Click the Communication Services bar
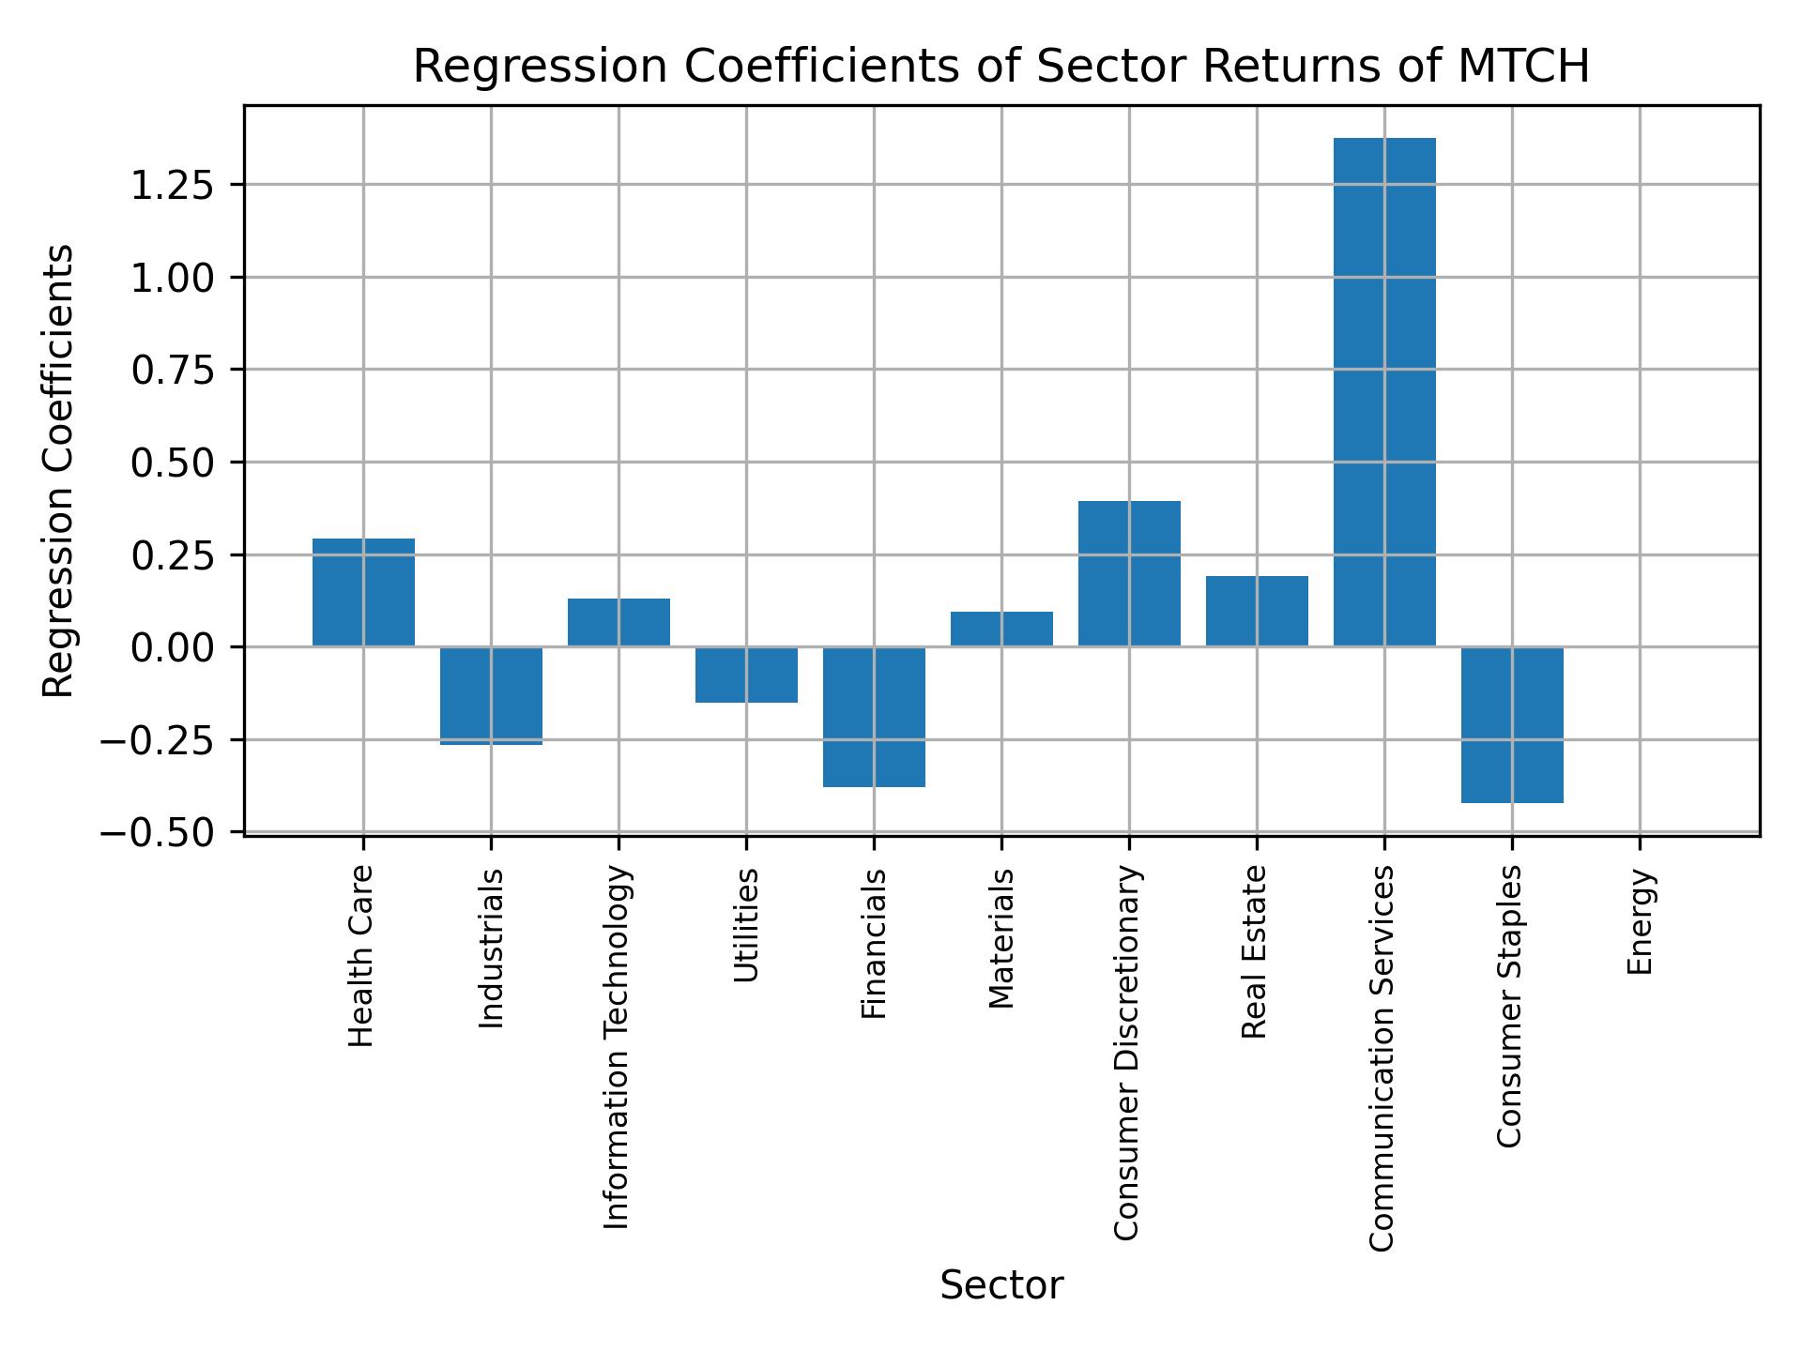pyautogui.click(x=1384, y=392)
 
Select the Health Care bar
pyautogui.click(x=363, y=592)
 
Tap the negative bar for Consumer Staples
pyautogui.click(x=1512, y=724)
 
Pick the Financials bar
pyautogui.click(x=874, y=717)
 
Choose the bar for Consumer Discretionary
pyautogui.click(x=1129, y=573)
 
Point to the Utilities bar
pyautogui.click(x=746, y=675)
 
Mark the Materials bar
pyautogui.click(x=1001, y=629)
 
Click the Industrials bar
pyautogui.click(x=491, y=695)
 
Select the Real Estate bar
pyautogui.click(x=1257, y=611)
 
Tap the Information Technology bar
pyautogui.click(x=618, y=622)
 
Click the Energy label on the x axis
pyautogui.click(x=1639, y=922)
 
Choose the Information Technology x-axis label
pyautogui.click(x=617, y=1048)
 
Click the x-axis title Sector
pyautogui.click(x=1001, y=1286)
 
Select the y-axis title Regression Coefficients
pyautogui.click(x=58, y=471)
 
